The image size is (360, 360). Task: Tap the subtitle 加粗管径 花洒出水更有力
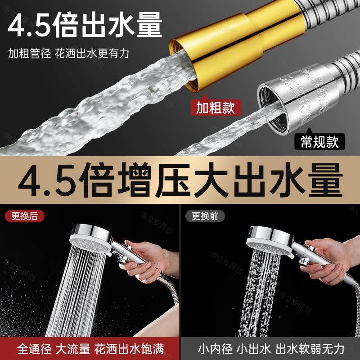[68, 54]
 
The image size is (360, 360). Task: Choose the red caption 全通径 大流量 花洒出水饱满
[90, 348]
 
